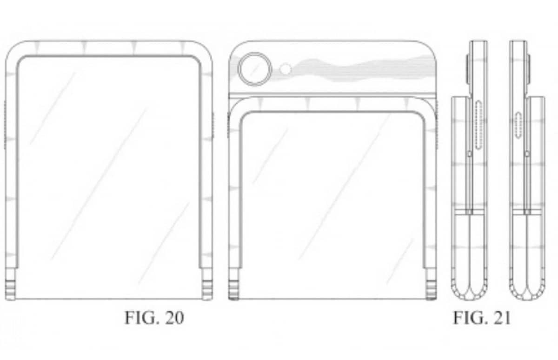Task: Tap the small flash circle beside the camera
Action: tap(286, 69)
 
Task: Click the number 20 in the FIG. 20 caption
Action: tap(174, 318)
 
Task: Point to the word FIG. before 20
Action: tap(142, 318)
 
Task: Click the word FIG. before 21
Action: tap(470, 318)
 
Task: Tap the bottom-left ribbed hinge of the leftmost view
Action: tap(10, 290)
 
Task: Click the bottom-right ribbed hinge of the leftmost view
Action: tap(207, 290)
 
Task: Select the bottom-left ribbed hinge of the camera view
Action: tap(233, 290)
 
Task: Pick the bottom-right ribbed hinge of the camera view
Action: tap(431, 290)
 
